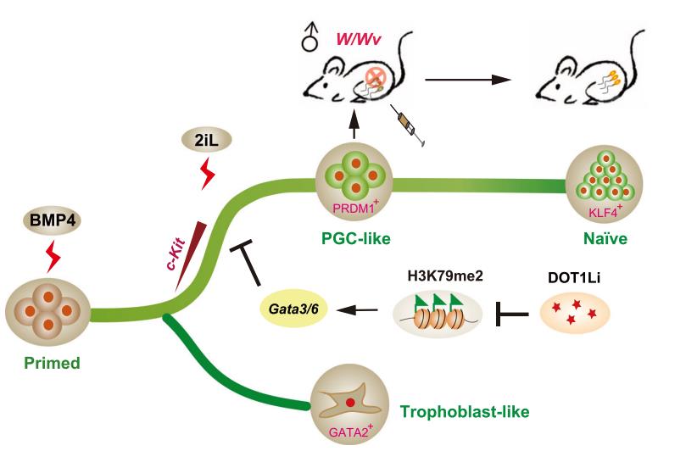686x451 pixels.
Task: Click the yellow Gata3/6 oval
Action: click(289, 312)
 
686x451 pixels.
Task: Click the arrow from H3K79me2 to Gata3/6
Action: click(355, 311)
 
